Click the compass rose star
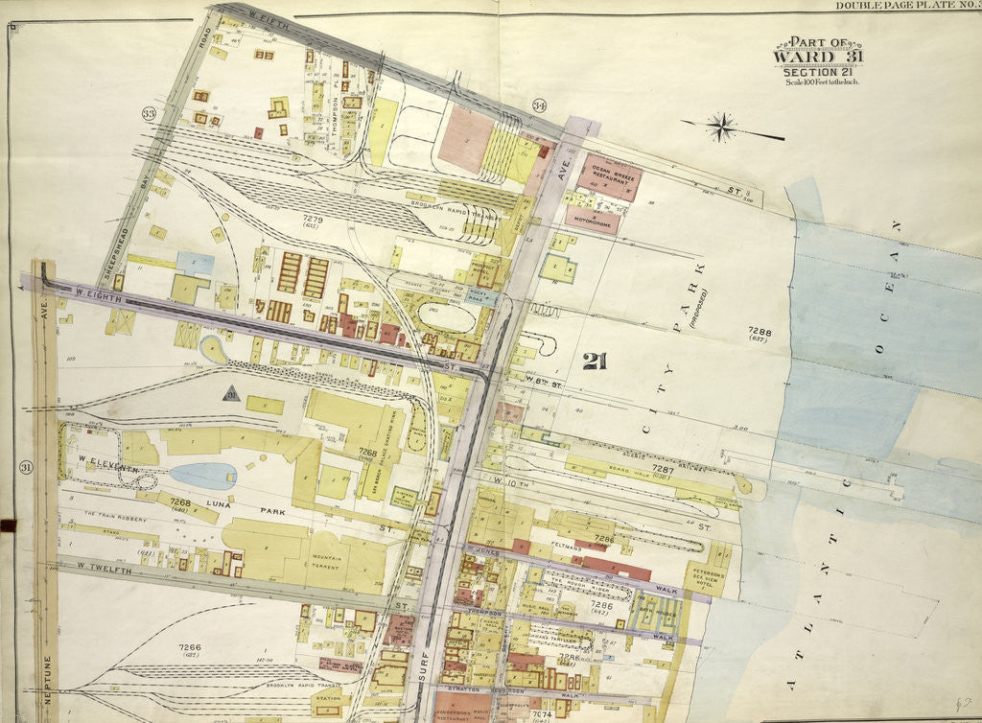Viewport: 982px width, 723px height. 722,125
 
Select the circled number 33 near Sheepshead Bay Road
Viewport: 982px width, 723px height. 149,114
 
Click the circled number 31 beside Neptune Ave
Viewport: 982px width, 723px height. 24,467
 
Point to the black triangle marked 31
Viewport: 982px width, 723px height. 230,393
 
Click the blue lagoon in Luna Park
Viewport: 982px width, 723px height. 203,476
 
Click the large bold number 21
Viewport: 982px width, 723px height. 595,361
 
